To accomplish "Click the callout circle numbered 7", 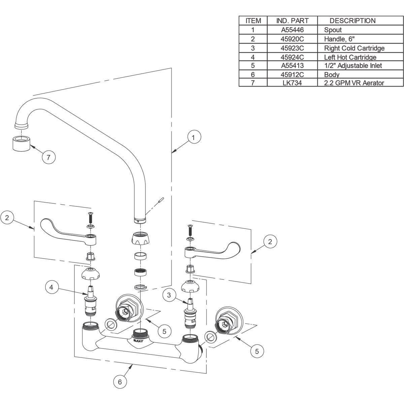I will coord(48,157).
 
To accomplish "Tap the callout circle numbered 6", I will coord(120,382).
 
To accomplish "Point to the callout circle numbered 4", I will coord(51,288).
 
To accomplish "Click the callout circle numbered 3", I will coord(169,295).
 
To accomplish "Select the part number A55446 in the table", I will coord(292,30).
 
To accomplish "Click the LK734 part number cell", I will coord(292,82).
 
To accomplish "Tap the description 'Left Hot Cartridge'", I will coord(350,57).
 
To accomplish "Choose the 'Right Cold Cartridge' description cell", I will coord(354,48).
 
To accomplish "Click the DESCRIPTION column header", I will coord(352,21).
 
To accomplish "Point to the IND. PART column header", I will coord(292,21).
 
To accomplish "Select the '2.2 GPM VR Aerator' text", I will coord(354,82).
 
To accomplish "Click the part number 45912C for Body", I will coord(292,74).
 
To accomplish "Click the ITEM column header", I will coord(253,21).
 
